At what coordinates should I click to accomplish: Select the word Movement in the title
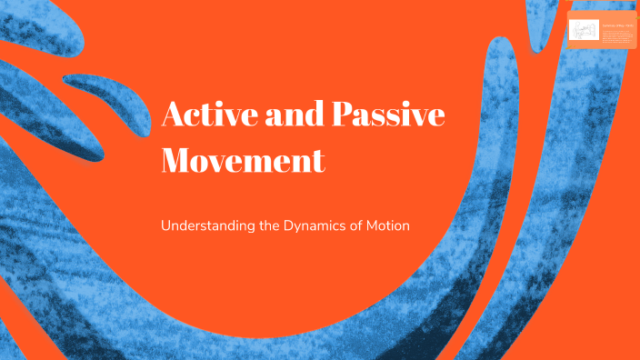point(243,162)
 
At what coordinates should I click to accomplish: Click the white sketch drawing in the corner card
point(584,31)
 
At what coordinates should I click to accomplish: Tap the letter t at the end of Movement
point(318,163)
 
